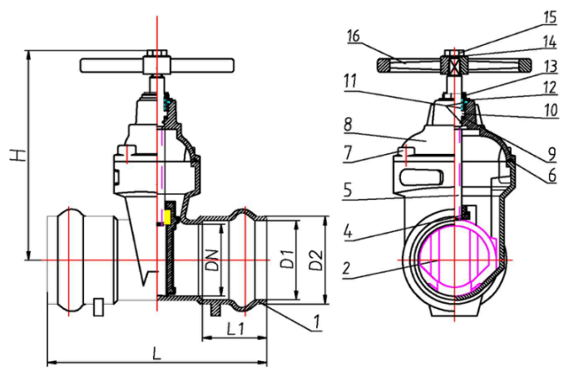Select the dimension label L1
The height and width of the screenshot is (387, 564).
tap(235, 328)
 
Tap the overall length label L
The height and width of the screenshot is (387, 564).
tap(156, 353)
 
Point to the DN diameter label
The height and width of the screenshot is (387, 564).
tap(213, 259)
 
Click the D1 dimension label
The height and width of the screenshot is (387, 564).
tap(287, 259)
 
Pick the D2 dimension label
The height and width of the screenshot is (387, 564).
tap(316, 259)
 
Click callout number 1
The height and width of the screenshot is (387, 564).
tap(316, 321)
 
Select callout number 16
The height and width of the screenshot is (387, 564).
tap(354, 36)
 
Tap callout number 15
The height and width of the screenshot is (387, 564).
tap(550, 17)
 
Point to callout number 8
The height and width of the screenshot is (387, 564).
tap(348, 125)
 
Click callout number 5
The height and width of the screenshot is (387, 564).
tap(347, 190)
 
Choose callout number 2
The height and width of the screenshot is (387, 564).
tap(346, 268)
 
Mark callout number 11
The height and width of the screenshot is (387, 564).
tap(350, 82)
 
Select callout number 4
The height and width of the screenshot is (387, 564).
tap(347, 231)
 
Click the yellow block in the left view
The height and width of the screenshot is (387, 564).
tap(167, 217)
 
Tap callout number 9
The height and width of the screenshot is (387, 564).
tap(552, 154)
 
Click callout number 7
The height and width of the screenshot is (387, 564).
tap(348, 153)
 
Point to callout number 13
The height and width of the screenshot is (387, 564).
tap(551, 67)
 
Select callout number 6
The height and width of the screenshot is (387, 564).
tap(552, 176)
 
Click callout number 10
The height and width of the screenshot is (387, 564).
tap(551, 110)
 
